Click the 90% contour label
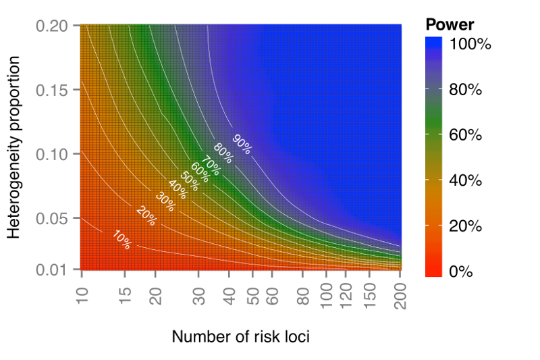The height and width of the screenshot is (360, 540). tap(242, 144)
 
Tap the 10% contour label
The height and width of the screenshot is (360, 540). tap(122, 240)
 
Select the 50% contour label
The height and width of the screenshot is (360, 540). tap(190, 176)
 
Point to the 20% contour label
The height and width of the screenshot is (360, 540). tap(146, 215)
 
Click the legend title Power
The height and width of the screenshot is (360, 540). tap(450, 25)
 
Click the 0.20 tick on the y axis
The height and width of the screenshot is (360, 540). tap(59, 26)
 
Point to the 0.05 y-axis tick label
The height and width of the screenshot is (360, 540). tap(59, 219)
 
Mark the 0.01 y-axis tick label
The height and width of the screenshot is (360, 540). tap(59, 270)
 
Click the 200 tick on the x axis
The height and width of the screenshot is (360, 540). tap(400, 294)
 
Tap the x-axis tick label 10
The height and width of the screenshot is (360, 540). tap(82, 291)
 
